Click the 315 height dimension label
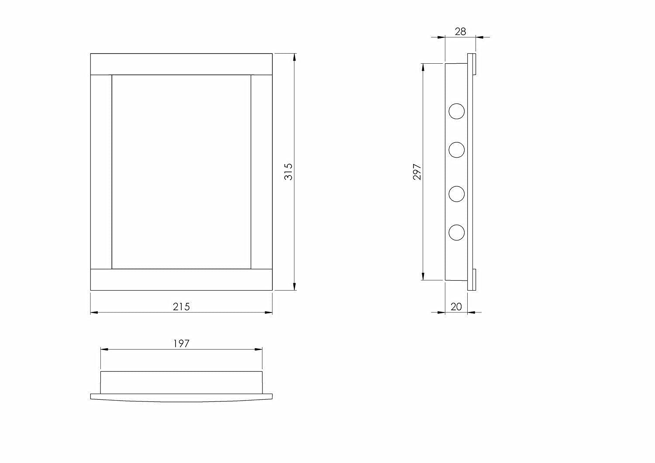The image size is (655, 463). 288,171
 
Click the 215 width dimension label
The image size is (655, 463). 181,307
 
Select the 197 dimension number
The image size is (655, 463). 181,343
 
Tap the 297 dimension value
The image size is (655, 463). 417,172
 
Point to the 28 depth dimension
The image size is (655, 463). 460,31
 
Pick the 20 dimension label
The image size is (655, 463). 456,307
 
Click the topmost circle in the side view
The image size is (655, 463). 457,111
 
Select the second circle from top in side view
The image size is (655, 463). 457,150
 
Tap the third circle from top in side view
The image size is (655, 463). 457,194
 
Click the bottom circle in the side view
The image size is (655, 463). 457,232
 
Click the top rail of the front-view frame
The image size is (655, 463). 181,64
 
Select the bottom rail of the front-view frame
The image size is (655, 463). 181,279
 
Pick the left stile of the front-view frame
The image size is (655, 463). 101,171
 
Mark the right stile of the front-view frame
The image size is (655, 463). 262,171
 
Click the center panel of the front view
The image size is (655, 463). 181,171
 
